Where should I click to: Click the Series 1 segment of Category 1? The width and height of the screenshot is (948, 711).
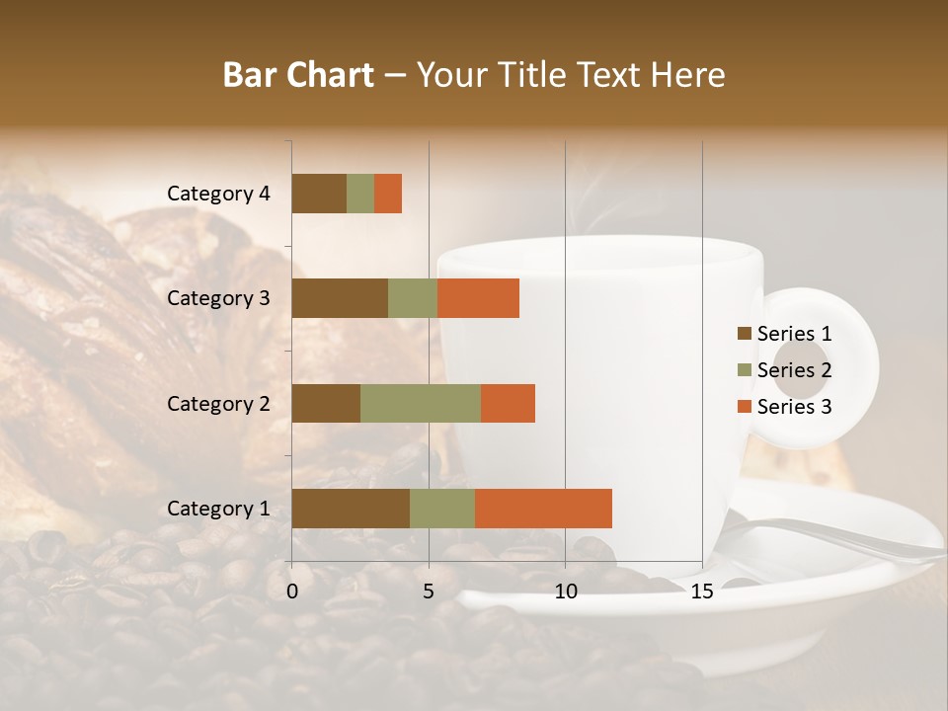coord(351,509)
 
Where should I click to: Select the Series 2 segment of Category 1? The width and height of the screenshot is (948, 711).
coord(442,509)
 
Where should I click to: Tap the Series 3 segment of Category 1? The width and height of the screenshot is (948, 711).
coord(543,509)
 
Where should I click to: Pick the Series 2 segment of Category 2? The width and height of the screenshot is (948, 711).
coord(421,403)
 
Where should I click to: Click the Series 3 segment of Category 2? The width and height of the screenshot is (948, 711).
coord(508,403)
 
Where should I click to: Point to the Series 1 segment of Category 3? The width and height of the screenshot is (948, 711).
coord(340,298)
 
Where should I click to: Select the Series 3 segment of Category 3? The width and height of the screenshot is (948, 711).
coord(478,298)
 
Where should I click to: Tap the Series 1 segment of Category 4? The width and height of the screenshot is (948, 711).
coord(319,194)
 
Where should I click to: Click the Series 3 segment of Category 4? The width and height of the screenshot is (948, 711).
coord(388,194)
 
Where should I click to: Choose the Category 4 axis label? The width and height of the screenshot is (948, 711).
coord(218,194)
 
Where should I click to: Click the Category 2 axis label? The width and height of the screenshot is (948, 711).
coord(218,403)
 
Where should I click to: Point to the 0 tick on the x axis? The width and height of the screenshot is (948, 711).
coord(292,592)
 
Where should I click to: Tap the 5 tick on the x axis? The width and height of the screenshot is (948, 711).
coord(429,592)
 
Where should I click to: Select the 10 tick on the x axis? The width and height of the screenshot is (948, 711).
coord(565,592)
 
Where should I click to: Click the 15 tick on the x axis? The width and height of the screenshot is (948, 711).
coord(702,592)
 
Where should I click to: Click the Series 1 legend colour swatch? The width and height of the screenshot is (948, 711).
coord(744,334)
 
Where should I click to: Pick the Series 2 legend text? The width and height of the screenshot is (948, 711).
coord(794,370)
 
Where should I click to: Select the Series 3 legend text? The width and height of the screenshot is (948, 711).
coord(794,407)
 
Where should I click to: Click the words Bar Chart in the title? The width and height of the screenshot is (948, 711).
coord(298,75)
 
